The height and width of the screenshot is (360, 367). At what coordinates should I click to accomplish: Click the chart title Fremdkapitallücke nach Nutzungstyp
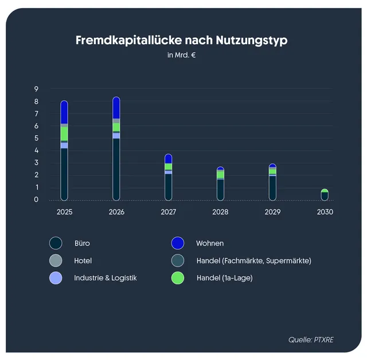[x=181, y=41]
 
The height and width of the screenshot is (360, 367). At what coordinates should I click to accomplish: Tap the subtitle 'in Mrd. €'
[x=181, y=56]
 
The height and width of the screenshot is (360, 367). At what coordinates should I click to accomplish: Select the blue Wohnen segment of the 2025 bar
[x=64, y=112]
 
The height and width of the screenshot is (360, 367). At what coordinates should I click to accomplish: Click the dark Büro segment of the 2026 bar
[x=116, y=169]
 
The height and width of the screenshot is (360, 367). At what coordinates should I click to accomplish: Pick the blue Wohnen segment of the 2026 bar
[x=116, y=108]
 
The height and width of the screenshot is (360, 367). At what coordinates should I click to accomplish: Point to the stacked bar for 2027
[x=168, y=178]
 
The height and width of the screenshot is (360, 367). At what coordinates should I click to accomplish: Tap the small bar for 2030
[x=325, y=195]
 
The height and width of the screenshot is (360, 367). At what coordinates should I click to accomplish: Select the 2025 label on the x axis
[x=64, y=212]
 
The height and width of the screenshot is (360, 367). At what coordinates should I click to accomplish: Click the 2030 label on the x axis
[x=325, y=212]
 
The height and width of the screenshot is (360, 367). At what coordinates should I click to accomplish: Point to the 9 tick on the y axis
[x=36, y=89]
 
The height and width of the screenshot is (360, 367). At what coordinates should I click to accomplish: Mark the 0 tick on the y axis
[x=36, y=199]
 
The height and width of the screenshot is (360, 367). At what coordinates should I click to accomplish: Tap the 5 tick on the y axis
[x=36, y=138]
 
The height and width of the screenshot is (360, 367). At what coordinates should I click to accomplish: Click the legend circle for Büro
[x=56, y=243]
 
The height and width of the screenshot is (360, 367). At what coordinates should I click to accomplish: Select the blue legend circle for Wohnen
[x=178, y=243]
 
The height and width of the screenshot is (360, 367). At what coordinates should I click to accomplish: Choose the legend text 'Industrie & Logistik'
[x=106, y=278]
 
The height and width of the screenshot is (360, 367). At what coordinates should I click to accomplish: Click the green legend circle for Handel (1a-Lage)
[x=178, y=278]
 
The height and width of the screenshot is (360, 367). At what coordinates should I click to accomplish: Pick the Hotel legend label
[x=83, y=261]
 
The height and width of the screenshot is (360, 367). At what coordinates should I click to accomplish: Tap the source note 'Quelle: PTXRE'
[x=310, y=340]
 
